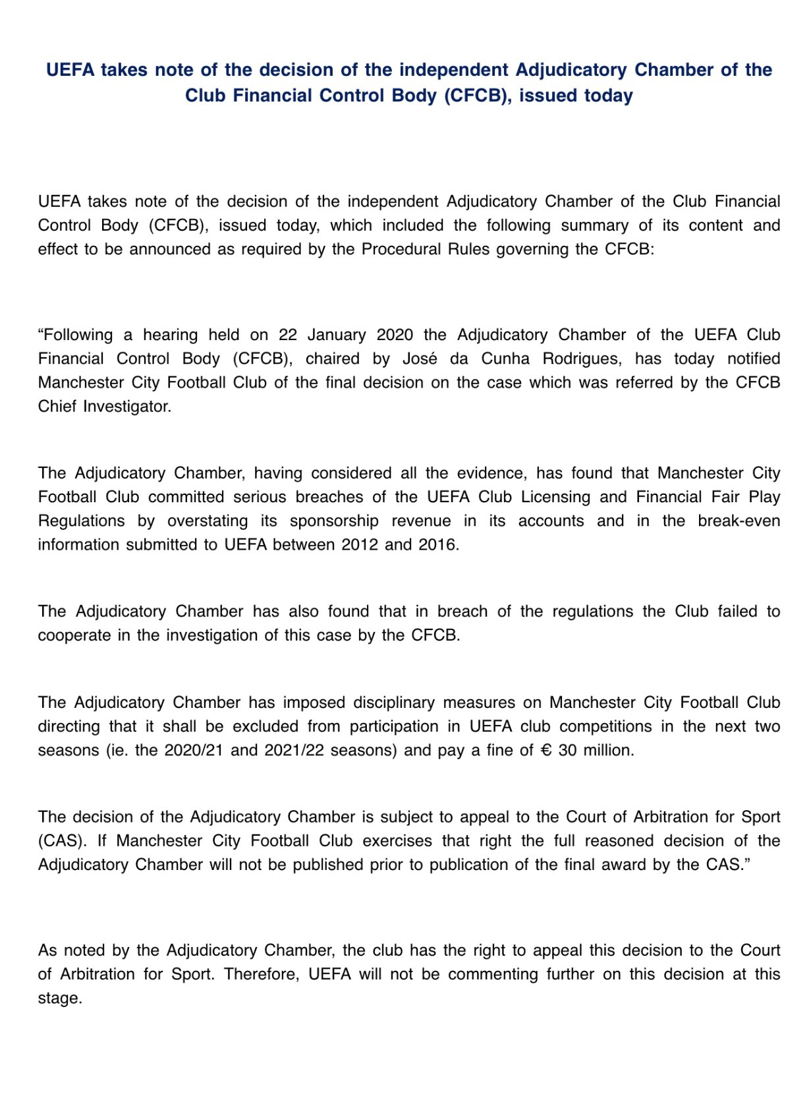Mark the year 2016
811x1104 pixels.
coord(437,544)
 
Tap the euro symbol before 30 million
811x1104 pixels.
coord(545,750)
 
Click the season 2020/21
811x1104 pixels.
coord(194,750)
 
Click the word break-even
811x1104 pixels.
coord(739,521)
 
